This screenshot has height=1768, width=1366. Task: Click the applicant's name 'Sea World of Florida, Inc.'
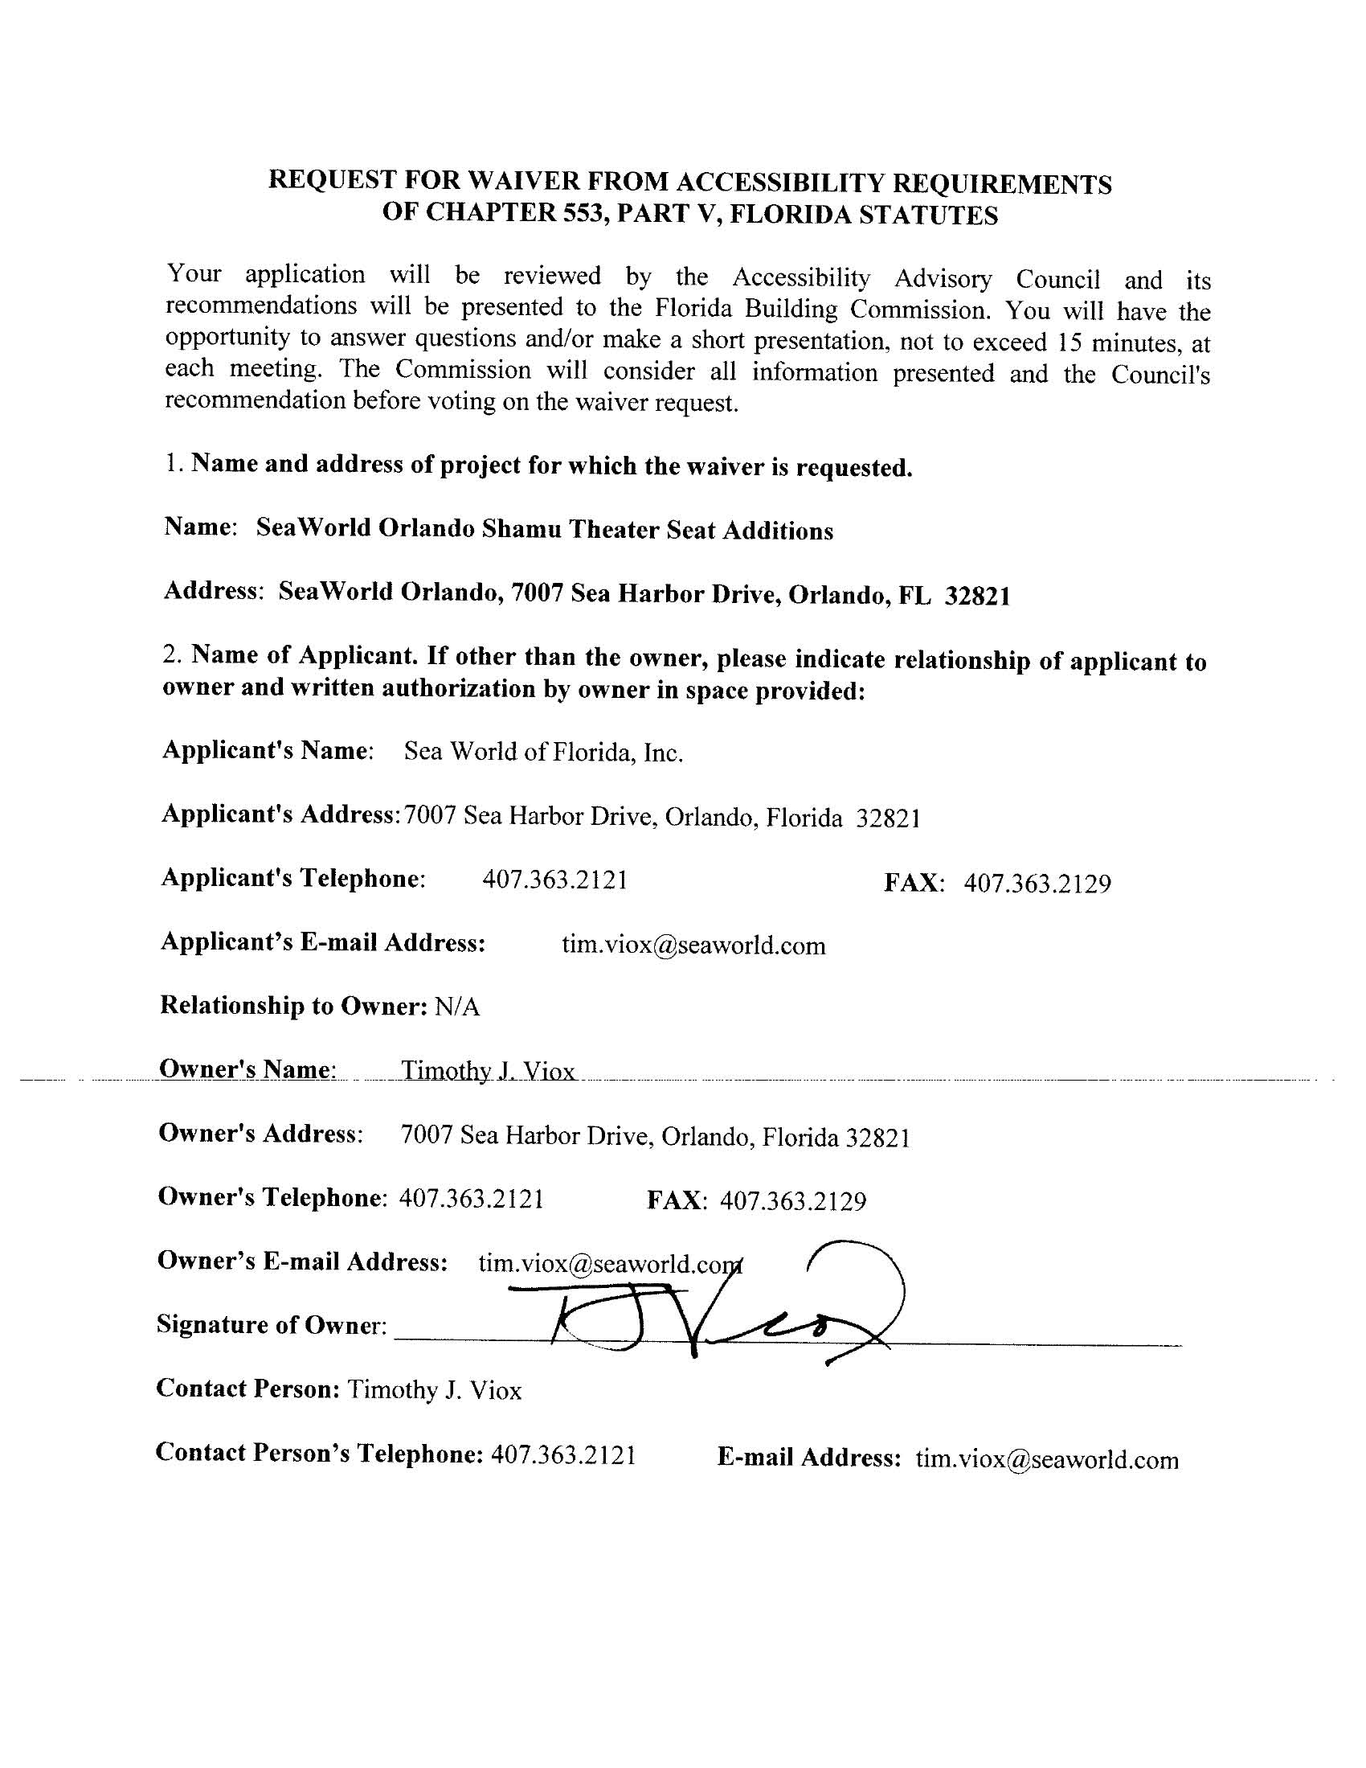[x=543, y=752]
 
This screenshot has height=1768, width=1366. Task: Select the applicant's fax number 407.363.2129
[x=1037, y=882]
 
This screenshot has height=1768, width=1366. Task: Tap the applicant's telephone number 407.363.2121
[x=554, y=879]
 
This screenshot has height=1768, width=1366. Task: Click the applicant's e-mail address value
[x=693, y=946]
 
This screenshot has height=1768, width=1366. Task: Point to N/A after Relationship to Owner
[x=457, y=1007]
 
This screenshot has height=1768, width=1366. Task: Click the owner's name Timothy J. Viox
[x=488, y=1072]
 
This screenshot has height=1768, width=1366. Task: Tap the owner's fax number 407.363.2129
[x=792, y=1200]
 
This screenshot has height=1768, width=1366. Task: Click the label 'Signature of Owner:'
[x=271, y=1325]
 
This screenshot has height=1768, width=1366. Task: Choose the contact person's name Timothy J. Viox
[x=435, y=1390]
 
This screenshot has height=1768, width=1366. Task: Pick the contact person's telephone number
[x=563, y=1454]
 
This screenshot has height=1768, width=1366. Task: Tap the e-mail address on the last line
[x=1046, y=1458]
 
